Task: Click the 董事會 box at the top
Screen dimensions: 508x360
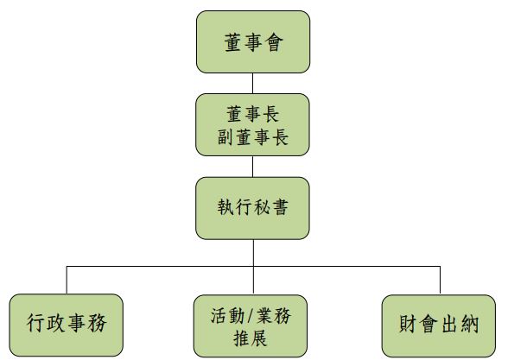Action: (253, 41)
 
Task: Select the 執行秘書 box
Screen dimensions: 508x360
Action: (252, 208)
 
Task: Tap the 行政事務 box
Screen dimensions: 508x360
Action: (67, 325)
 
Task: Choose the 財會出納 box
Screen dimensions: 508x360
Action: (439, 325)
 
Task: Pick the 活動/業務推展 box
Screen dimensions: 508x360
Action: (251, 325)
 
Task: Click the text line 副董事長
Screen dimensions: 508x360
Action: (252, 136)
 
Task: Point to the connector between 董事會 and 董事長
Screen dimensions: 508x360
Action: (252, 84)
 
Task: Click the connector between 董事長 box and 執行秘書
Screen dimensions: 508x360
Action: (252, 167)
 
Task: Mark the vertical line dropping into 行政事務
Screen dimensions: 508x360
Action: (67, 280)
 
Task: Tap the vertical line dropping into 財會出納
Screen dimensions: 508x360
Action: (440, 281)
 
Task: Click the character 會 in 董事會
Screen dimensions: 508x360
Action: (274, 42)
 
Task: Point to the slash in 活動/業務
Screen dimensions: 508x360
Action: (251, 316)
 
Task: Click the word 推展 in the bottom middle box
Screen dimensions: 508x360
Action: (251, 338)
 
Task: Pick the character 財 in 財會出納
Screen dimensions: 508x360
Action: (408, 324)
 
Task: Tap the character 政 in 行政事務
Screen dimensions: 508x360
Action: (56, 323)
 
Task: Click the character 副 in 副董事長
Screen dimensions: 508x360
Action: (225, 136)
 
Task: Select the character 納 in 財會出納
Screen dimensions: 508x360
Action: (470, 324)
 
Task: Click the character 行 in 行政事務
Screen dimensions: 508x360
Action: (36, 323)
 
